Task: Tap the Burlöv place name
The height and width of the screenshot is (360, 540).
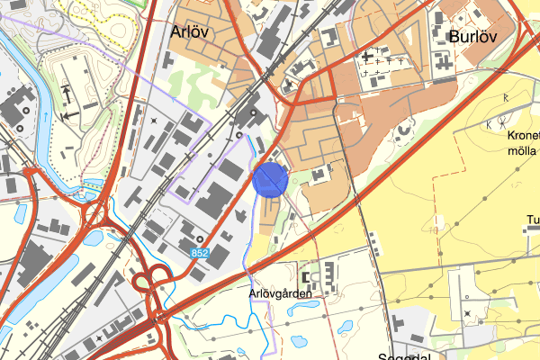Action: [472, 36]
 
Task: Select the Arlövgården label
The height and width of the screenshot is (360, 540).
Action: [280, 293]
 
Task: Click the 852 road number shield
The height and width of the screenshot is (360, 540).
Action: [200, 255]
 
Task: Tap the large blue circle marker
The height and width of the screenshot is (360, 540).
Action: [270, 178]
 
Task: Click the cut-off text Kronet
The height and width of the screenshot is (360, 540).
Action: [524, 136]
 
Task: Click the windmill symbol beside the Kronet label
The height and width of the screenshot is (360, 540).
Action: [492, 125]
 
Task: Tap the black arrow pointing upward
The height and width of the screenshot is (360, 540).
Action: [67, 92]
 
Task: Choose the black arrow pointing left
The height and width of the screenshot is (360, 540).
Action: [67, 116]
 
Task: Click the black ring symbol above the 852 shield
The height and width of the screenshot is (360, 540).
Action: [199, 239]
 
